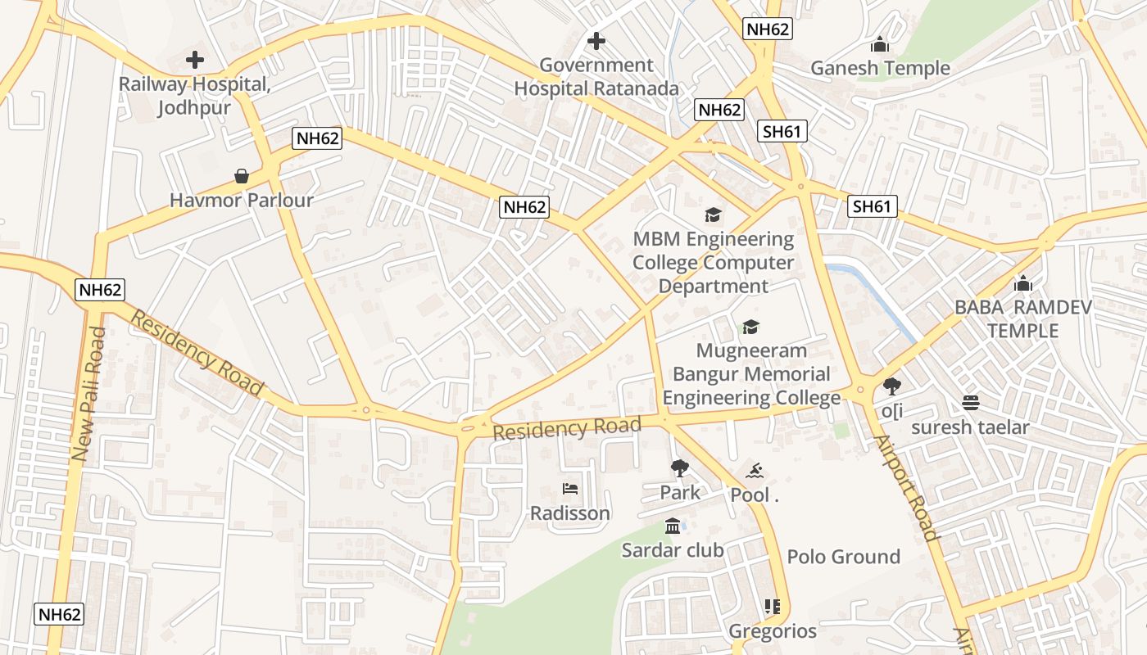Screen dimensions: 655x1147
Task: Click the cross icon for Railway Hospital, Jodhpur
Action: pyautogui.click(x=195, y=59)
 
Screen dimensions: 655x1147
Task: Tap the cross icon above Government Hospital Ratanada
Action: pyautogui.click(x=596, y=40)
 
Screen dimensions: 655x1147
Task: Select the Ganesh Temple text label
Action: pyautogui.click(x=880, y=68)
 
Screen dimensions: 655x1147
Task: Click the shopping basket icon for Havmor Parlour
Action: pyautogui.click(x=242, y=176)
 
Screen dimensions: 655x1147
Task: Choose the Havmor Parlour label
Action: pyautogui.click(x=242, y=200)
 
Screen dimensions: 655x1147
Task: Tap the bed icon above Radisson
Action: pyautogui.click(x=570, y=489)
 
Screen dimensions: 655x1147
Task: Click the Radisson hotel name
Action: pyautogui.click(x=570, y=513)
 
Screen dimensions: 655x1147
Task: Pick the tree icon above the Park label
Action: pyautogui.click(x=679, y=468)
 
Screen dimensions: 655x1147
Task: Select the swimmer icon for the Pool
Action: pyautogui.click(x=755, y=471)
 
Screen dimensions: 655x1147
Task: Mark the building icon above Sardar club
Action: pyautogui.click(x=673, y=526)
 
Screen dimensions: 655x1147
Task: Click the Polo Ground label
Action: pyautogui.click(x=843, y=557)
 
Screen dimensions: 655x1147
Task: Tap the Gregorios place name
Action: pyautogui.click(x=773, y=631)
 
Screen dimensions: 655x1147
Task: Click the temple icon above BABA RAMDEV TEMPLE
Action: pyautogui.click(x=1022, y=283)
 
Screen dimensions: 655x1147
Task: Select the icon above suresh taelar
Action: pyautogui.click(x=971, y=402)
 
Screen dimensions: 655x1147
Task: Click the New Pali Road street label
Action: pyautogui.click(x=88, y=394)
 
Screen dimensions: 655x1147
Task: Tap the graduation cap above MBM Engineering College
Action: pyautogui.click(x=714, y=215)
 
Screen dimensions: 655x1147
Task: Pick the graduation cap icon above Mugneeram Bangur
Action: pyautogui.click(x=750, y=327)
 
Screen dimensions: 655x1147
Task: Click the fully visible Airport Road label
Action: pyautogui.click(x=906, y=489)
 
